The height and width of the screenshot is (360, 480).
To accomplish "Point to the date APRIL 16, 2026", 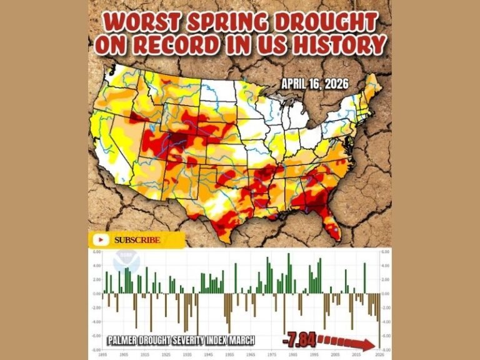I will tap(315, 83).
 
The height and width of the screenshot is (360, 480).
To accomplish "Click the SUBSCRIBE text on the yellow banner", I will tap(137, 240).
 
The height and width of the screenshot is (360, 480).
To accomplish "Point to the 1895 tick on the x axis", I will tap(101, 354).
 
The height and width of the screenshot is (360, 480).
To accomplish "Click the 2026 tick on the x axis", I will tap(377, 354).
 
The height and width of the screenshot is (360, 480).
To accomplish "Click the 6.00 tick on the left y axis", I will tap(96, 252).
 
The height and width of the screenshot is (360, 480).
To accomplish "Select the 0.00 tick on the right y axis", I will tap(386, 294).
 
